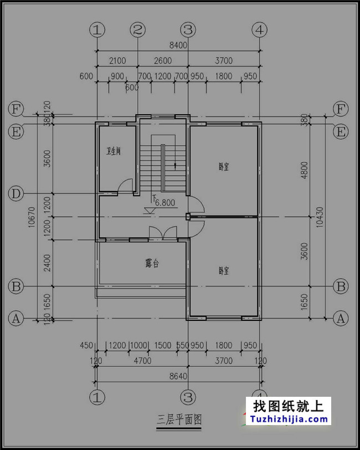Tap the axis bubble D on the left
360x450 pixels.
click(17, 194)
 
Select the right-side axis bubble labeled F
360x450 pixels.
click(341, 109)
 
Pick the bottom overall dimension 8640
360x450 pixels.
click(178, 376)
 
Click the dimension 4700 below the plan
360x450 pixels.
click(142, 361)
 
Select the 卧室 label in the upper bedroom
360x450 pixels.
click(224, 166)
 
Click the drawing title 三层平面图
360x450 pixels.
click(178, 420)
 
